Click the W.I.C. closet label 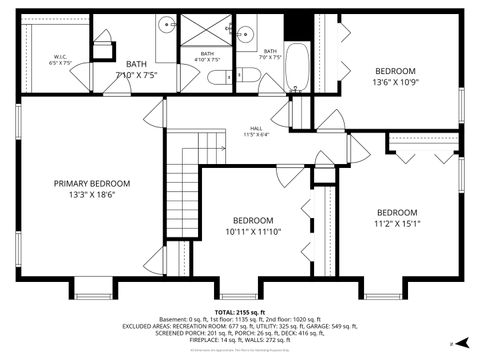(60, 61)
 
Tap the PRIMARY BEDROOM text (92, 183)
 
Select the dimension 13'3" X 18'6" (92, 195)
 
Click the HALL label (256, 129)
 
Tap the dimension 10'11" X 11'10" (253, 232)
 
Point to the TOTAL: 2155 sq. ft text (240, 312)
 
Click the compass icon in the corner (452, 342)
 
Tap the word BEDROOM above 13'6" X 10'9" (396, 71)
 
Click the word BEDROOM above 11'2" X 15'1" (397, 212)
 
